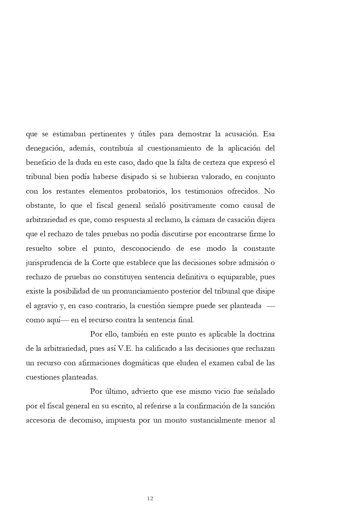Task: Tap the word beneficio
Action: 40,162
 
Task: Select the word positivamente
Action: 193,205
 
